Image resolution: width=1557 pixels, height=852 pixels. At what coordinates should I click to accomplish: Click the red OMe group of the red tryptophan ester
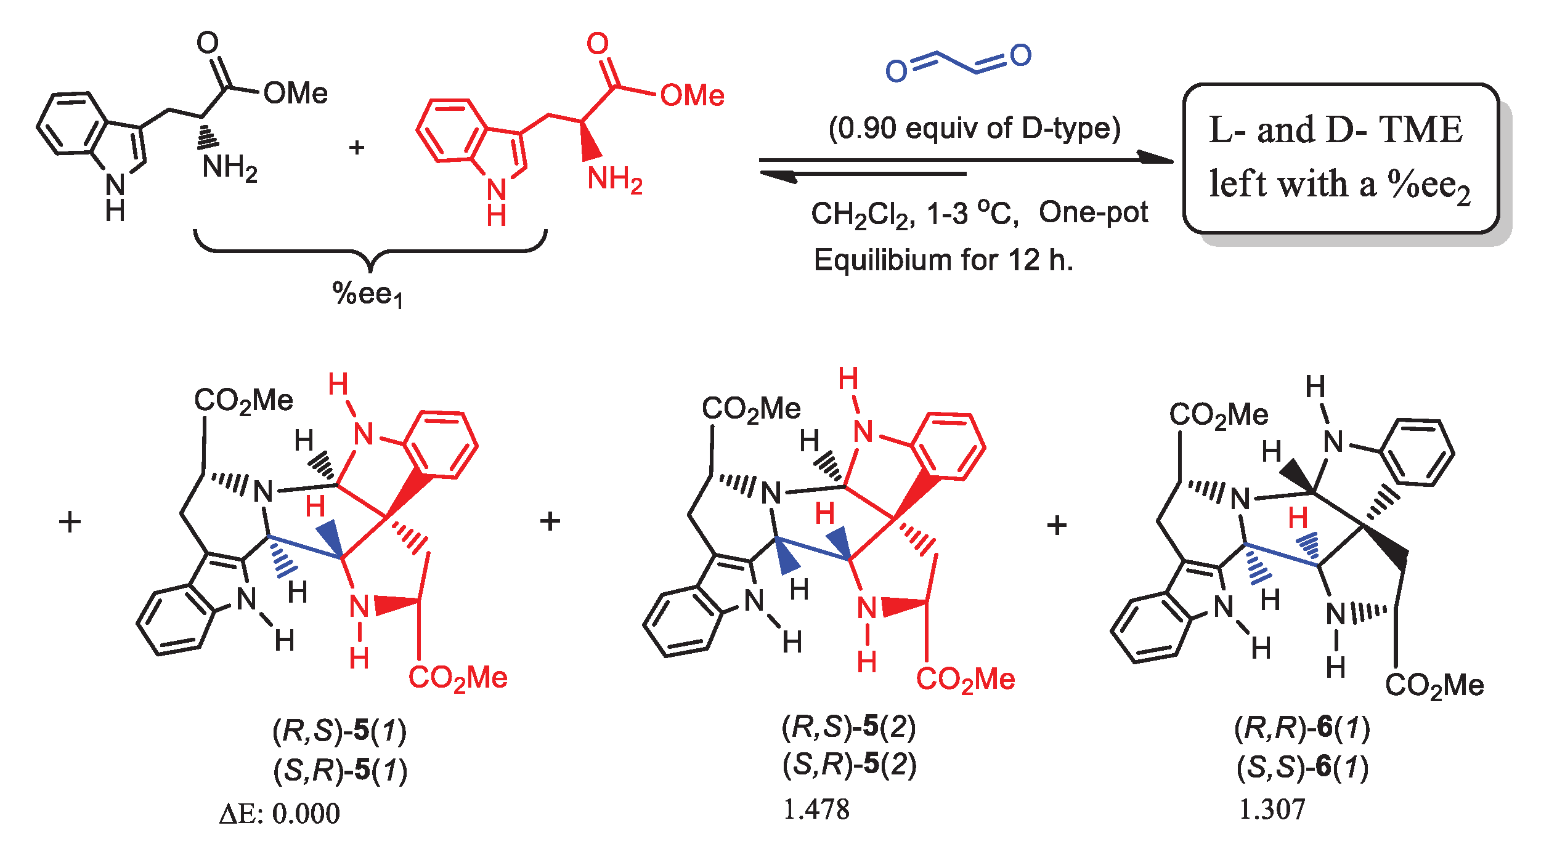coord(692,96)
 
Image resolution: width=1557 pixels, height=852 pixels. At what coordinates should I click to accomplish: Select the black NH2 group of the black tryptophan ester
coord(229,167)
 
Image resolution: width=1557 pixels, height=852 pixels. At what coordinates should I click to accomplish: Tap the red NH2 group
coord(614,180)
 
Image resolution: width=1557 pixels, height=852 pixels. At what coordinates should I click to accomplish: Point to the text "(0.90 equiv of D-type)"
coord(974,129)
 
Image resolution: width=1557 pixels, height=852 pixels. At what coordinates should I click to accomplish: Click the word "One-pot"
coord(1093,213)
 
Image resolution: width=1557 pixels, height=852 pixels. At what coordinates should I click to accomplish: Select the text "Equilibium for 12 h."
coord(943,260)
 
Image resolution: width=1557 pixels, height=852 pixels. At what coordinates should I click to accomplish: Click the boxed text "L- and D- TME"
coord(1335,130)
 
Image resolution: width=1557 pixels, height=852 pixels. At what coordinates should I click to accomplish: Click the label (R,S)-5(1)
coord(339,731)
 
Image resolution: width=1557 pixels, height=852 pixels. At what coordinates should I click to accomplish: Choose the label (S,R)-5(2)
coord(849,765)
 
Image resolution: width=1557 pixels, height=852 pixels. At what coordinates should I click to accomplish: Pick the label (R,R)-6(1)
coord(1302,728)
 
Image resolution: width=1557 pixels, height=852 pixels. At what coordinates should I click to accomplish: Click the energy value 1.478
coord(816,810)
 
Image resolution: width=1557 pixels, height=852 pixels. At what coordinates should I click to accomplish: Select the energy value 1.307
coord(1272,810)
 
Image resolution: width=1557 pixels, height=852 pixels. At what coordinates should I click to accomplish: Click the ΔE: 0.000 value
coord(279,814)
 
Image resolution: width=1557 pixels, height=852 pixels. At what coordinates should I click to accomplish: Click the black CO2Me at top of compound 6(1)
coord(1218,415)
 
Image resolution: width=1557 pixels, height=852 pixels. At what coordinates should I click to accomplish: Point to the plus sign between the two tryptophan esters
coord(357,148)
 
